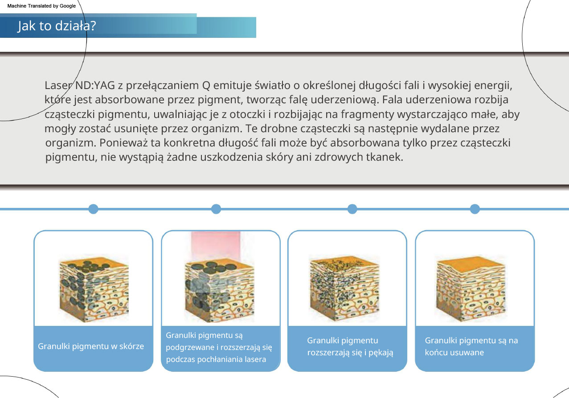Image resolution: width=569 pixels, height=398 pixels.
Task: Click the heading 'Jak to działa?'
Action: [57, 26]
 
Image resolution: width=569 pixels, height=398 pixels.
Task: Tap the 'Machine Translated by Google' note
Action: [41, 6]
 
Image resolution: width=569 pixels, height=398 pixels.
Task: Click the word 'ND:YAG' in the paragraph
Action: [95, 85]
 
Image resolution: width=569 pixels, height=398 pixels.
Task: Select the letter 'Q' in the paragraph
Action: [206, 86]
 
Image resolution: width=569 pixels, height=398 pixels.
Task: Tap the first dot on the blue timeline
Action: [94, 209]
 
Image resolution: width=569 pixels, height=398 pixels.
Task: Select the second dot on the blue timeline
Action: [216, 209]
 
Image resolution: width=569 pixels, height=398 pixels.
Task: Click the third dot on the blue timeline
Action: [352, 209]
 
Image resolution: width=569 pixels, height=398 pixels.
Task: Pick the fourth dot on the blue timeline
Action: [475, 209]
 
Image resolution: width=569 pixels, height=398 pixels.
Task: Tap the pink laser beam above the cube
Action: [216, 245]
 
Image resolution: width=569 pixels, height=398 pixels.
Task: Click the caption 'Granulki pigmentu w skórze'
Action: [91, 346]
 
